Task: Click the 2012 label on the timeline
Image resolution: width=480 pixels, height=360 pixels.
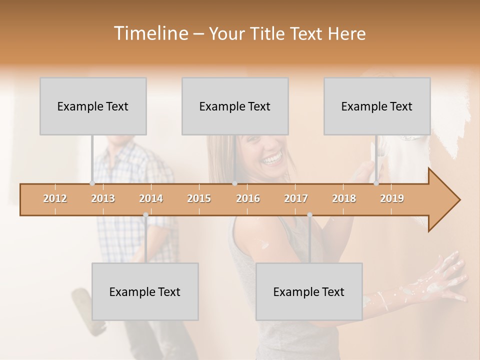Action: coord(55,198)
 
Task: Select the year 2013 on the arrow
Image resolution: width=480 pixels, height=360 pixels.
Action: coord(103,198)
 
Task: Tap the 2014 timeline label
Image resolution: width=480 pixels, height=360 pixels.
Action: coord(151,198)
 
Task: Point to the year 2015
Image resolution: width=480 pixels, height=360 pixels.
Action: coord(199,198)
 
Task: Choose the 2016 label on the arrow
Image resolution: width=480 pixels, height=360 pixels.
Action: coord(248,198)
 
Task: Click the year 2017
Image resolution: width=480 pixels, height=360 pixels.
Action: coord(296,198)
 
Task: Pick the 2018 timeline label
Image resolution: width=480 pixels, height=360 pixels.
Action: coord(344,198)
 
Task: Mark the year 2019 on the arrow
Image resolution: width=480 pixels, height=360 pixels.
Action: coord(392,198)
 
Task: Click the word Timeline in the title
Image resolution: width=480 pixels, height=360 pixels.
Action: coord(150,33)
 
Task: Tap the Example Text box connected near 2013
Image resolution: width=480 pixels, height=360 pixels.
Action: coord(93,106)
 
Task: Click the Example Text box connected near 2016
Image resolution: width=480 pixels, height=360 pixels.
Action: coord(235,106)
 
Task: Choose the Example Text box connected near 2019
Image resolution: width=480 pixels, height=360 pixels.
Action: coord(377,106)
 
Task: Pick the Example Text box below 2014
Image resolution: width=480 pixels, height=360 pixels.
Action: coord(145,291)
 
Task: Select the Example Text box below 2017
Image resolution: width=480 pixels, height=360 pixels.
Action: coord(309,291)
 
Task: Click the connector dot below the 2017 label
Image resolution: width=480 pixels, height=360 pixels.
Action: coord(309,215)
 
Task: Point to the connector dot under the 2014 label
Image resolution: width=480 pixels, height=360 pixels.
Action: coord(145,215)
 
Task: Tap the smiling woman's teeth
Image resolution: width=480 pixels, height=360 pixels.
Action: coord(272,159)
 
